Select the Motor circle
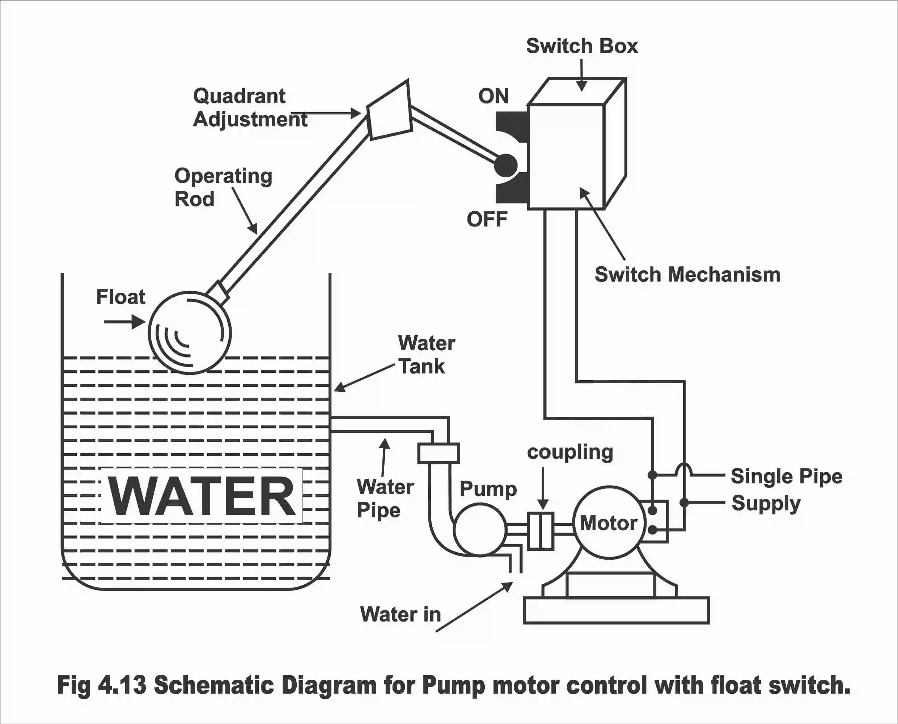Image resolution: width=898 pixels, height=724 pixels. [x=609, y=522]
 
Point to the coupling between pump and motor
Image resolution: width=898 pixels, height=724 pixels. [x=541, y=530]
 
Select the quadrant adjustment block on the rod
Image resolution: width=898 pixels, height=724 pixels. [x=389, y=110]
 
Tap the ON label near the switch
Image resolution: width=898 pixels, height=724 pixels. [x=494, y=96]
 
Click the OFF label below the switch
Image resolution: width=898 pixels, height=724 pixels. [x=487, y=219]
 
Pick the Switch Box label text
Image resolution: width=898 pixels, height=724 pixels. [x=582, y=46]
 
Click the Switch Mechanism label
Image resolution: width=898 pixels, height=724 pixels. [x=687, y=275]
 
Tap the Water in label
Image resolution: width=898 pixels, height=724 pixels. [x=400, y=614]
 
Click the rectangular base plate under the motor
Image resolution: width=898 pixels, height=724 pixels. [x=616, y=610]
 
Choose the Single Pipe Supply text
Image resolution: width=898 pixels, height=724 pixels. [x=786, y=489]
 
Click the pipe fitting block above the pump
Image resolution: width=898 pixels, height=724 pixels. [x=439, y=453]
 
